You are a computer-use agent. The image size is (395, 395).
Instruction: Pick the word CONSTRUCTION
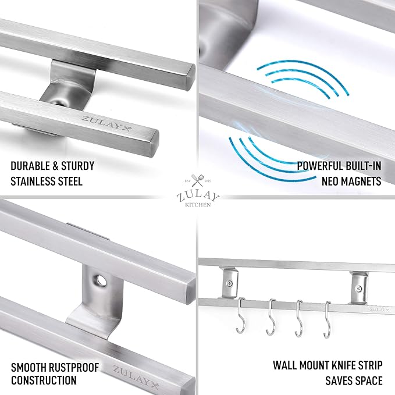(44, 381)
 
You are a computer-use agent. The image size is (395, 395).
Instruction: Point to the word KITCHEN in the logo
(197, 205)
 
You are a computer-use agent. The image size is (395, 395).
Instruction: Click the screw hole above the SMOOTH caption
(103, 281)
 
